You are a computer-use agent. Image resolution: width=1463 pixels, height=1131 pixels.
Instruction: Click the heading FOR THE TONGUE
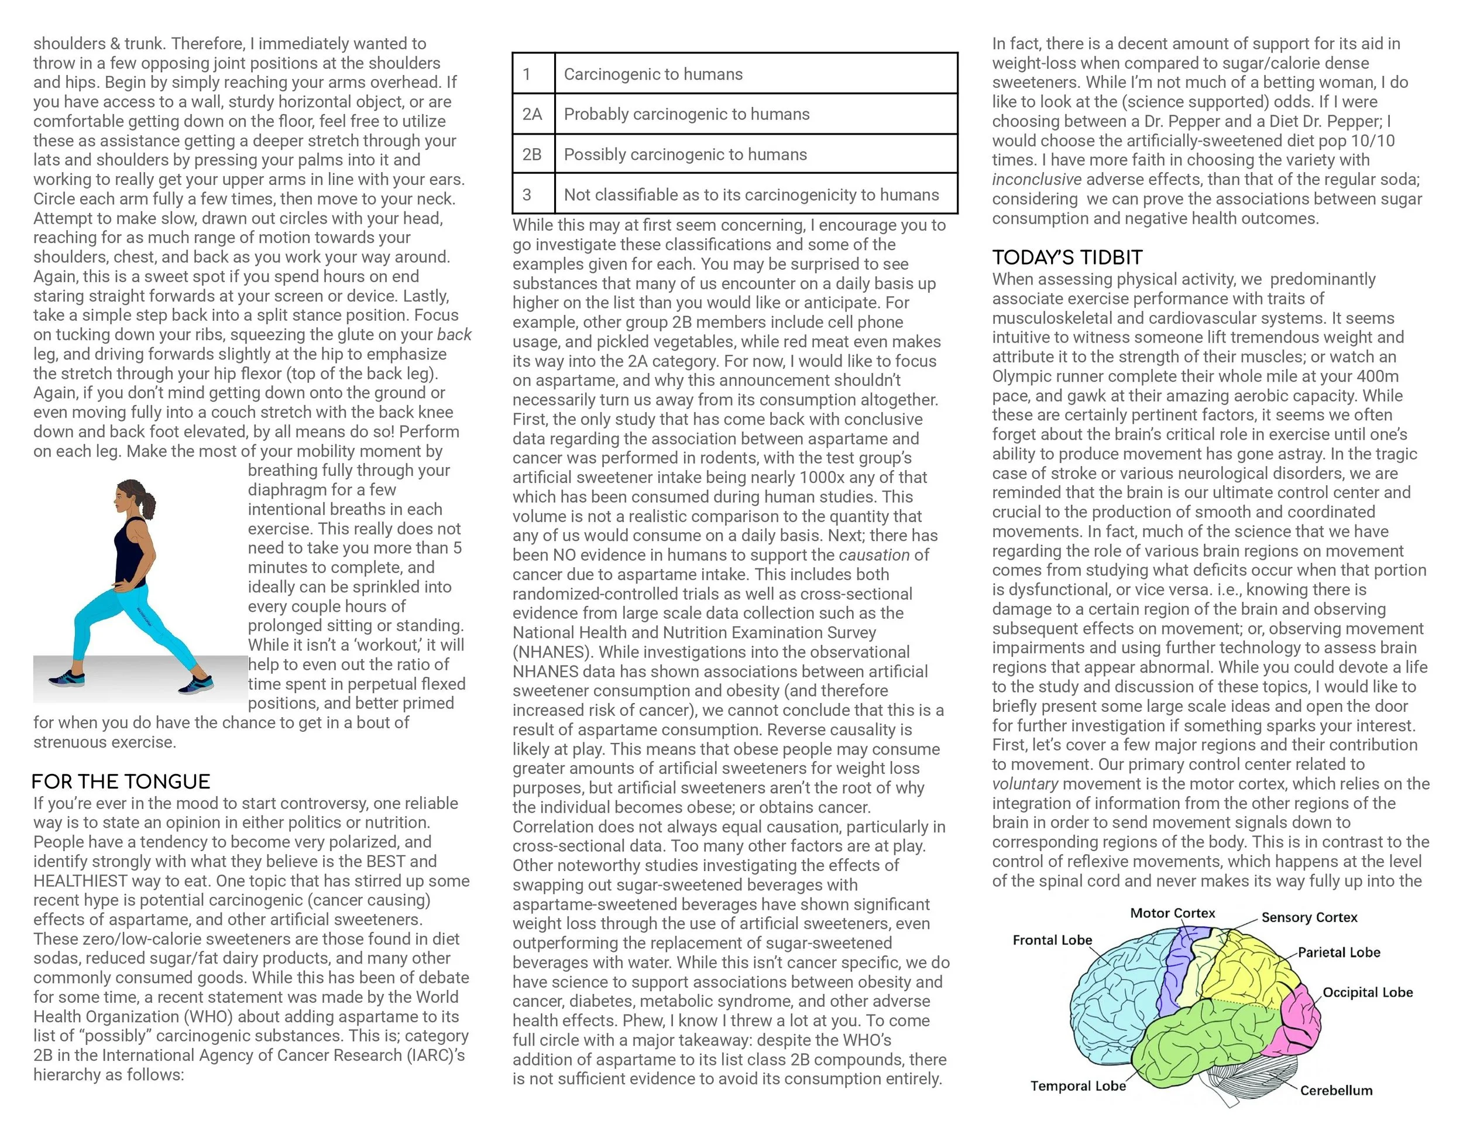[x=121, y=782]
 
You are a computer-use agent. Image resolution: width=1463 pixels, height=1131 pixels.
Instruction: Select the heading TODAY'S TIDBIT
[x=1067, y=258]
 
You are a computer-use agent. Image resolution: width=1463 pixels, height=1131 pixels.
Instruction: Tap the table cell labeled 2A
[x=533, y=114]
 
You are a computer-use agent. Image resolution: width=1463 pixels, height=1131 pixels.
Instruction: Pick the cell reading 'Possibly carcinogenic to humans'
[x=685, y=154]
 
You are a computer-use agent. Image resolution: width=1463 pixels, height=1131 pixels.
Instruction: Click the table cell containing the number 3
[x=527, y=194]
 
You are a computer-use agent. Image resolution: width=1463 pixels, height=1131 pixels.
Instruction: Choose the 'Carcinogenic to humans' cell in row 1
[x=653, y=74]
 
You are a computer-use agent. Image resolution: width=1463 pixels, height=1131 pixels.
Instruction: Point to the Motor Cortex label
[x=1172, y=913]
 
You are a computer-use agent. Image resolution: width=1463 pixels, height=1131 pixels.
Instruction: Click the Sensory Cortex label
[x=1309, y=917]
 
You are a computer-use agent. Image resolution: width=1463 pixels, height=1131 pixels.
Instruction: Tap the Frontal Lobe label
[x=1052, y=940]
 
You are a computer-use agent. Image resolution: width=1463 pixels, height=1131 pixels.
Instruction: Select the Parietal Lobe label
[x=1338, y=952]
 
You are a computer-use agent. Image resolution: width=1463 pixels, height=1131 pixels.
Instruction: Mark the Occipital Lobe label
[x=1367, y=992]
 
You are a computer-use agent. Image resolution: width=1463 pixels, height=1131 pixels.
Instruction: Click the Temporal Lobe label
[x=1078, y=1085]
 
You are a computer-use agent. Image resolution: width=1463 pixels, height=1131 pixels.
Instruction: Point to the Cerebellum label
[x=1336, y=1090]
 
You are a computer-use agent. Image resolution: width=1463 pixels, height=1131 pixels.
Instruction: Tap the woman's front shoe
[x=67, y=678]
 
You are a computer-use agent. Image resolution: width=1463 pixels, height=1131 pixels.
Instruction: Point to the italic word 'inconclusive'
[x=1036, y=180]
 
